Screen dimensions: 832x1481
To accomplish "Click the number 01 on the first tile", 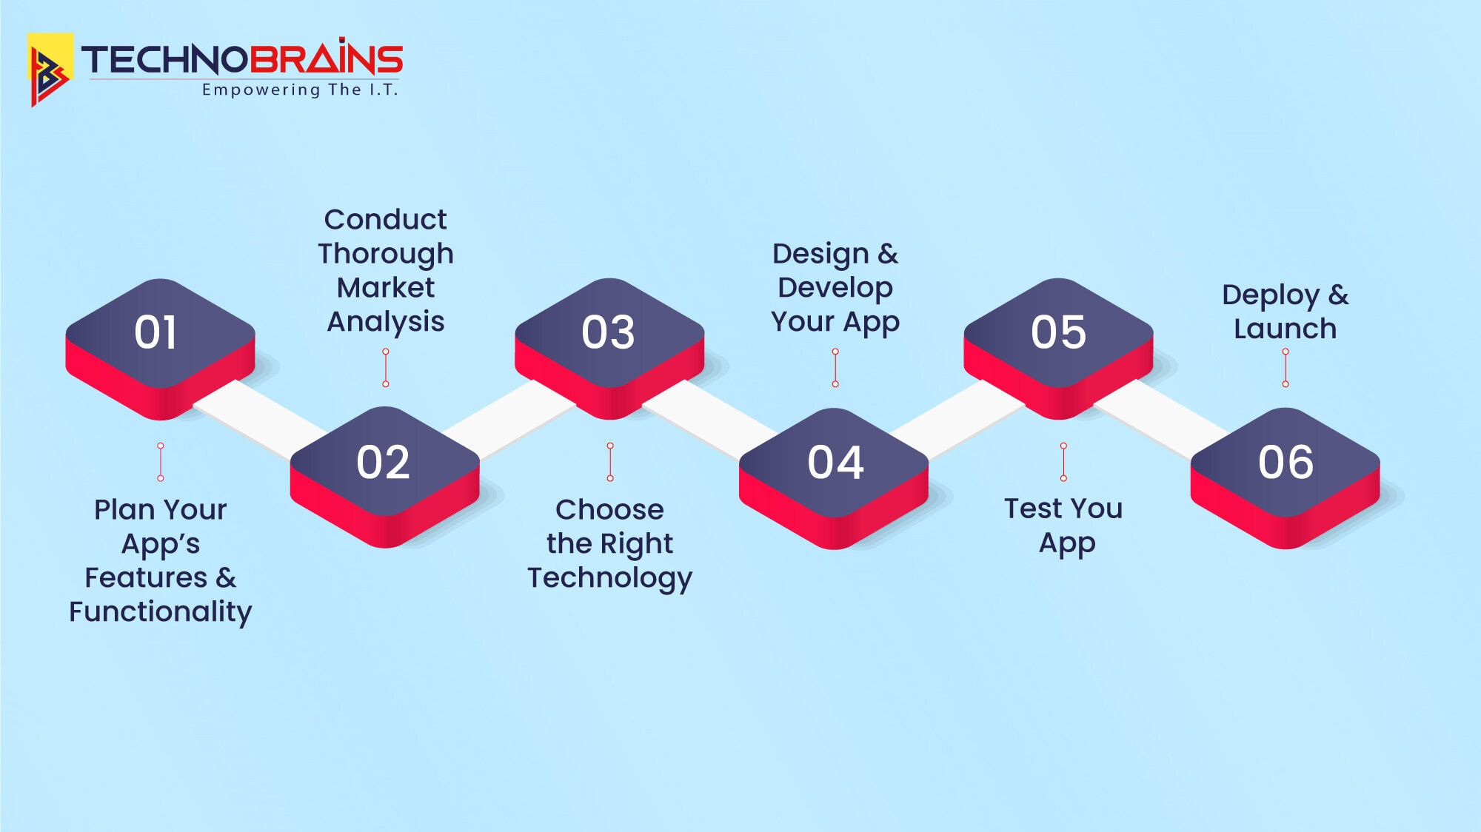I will pos(156,332).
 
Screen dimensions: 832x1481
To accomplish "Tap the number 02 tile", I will pos(383,463).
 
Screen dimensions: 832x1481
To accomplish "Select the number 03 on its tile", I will pos(608,332).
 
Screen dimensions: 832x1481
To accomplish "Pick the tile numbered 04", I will pos(835,463).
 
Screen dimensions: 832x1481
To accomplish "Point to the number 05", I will pos(1058,332).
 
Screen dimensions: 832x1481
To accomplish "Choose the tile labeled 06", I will pos(1286,463).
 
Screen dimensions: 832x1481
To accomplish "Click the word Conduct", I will pos(385,220).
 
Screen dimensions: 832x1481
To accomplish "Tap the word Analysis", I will pos(385,322).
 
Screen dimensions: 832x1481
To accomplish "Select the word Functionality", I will pos(161,612).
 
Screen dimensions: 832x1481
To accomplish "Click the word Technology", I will pos(609,578).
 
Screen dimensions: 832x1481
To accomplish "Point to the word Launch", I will pos(1285,329).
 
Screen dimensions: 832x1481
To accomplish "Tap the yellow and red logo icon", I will pos(50,69).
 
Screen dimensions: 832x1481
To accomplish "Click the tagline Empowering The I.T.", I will pos(300,90).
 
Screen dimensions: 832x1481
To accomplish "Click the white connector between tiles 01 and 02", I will pos(259,418).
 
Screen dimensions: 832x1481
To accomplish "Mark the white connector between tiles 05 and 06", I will pos(1159,418).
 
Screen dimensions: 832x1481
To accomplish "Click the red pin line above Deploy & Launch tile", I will pos(1286,368).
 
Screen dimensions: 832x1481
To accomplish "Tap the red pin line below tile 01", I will pos(161,462).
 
